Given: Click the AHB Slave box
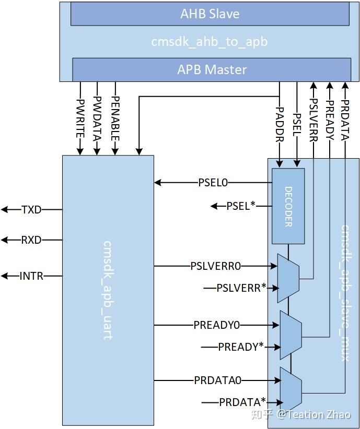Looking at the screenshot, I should coord(210,14).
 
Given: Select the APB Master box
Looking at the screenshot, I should coord(212,69).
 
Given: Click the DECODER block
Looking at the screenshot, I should coord(288,206).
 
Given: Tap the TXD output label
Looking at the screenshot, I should coord(31,210).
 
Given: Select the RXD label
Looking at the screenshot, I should coord(31,240).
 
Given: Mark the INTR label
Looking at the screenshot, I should coord(31,276).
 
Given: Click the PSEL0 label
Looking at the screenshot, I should coord(213,183).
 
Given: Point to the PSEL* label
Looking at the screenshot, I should coord(241,206).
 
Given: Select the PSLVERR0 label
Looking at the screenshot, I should coord(216,266).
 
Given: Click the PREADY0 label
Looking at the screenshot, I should coord(216,325).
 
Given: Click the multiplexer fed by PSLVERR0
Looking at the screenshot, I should coord(288,278).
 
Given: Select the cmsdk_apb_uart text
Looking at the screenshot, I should coord(108,290).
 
